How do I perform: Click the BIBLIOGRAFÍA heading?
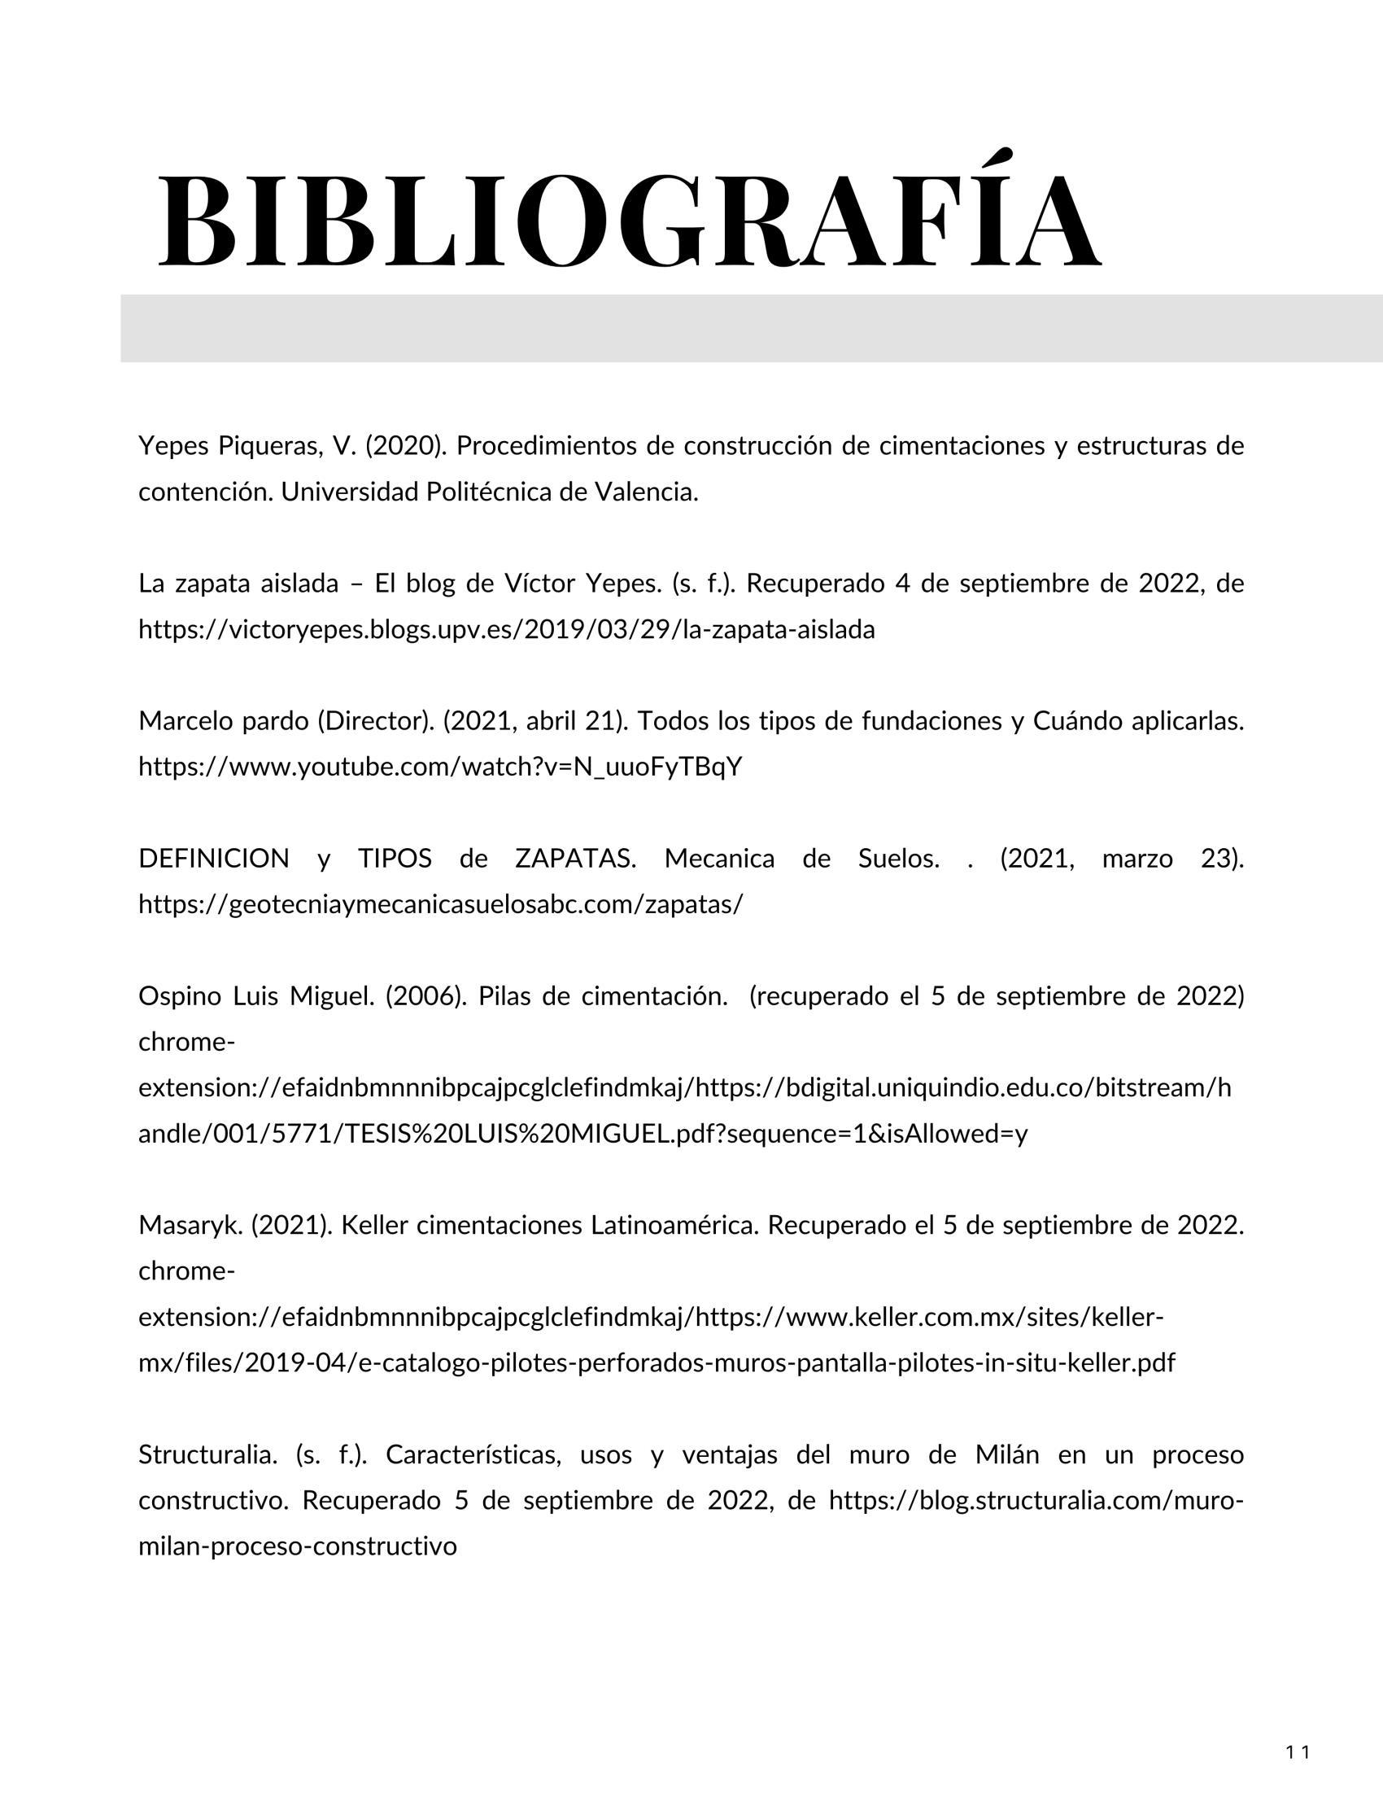point(628,220)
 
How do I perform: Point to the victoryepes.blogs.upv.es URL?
point(506,630)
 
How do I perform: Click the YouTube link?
point(440,767)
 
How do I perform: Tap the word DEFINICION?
point(213,859)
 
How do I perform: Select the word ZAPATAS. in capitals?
point(575,859)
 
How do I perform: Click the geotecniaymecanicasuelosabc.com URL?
point(440,905)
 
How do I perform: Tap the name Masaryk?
point(191,1226)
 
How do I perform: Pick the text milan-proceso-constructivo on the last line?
point(297,1546)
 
